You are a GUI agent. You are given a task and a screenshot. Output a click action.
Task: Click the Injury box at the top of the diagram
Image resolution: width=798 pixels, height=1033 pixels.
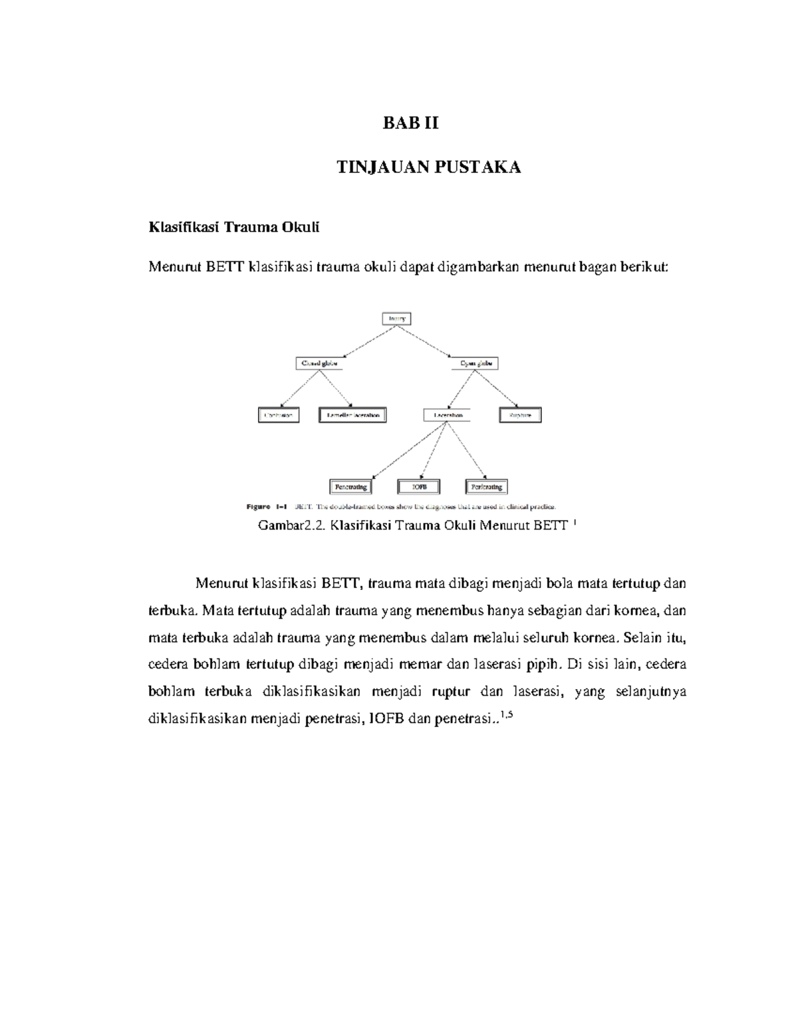396,319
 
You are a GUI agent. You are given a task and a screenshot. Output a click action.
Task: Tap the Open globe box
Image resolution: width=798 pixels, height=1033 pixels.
475,363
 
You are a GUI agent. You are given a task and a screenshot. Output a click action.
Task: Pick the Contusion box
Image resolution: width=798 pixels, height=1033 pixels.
279,415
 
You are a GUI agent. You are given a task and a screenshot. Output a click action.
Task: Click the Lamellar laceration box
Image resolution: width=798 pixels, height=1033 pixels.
352,415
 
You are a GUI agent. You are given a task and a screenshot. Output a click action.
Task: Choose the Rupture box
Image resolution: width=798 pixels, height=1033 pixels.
520,415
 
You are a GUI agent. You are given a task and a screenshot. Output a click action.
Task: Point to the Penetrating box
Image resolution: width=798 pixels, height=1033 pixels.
351,487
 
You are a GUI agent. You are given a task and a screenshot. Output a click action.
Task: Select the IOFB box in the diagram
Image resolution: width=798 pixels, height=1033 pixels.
419,487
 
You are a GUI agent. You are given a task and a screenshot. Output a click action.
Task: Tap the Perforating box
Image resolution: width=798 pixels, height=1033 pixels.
487,487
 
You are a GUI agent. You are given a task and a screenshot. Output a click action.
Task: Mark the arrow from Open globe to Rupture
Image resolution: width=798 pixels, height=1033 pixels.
496,388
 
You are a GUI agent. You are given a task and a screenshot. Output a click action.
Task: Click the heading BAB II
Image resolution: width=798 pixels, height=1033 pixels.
410,124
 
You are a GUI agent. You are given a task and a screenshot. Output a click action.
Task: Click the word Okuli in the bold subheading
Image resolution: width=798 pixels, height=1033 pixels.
303,227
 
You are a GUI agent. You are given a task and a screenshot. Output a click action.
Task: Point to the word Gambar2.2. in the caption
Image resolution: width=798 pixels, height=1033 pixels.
291,526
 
